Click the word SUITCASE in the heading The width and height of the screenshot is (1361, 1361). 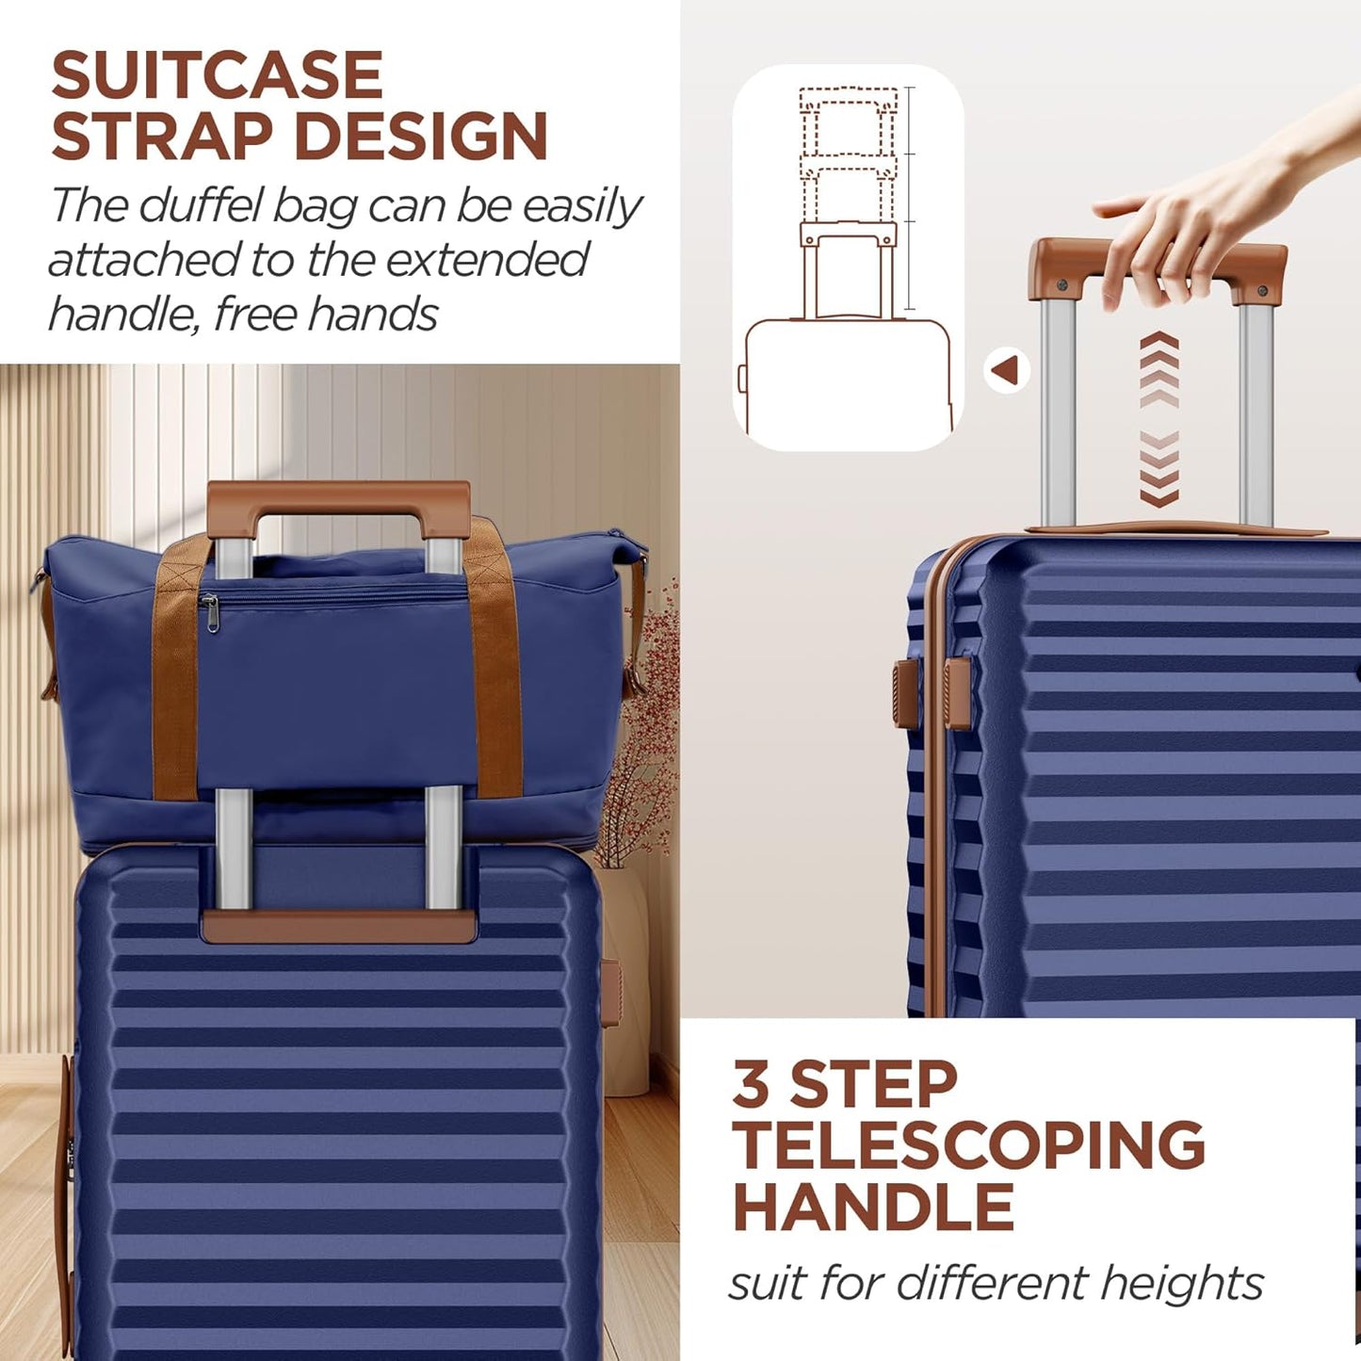pyautogui.click(x=217, y=75)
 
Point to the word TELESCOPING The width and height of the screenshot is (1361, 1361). pyautogui.click(x=968, y=1145)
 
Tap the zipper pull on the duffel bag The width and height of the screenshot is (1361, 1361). pyautogui.click(x=210, y=613)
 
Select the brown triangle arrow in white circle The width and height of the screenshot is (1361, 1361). pyautogui.click(x=1006, y=370)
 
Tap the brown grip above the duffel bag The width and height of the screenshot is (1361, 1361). pyautogui.click(x=339, y=497)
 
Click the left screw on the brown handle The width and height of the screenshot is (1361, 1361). pyautogui.click(x=1062, y=284)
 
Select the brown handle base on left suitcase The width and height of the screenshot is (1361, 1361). pyautogui.click(x=337, y=925)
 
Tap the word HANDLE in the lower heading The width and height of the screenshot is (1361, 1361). pyautogui.click(x=873, y=1207)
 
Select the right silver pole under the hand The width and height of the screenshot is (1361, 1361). pyautogui.click(x=1256, y=414)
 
